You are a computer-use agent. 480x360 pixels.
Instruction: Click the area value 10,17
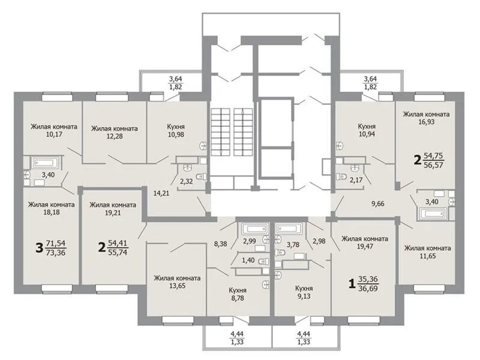click(x=54, y=134)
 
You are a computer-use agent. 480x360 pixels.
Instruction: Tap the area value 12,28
click(x=115, y=136)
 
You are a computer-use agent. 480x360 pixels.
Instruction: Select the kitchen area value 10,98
click(x=176, y=134)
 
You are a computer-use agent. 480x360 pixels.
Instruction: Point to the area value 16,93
click(x=427, y=122)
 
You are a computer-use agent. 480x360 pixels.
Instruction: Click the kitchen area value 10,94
click(x=367, y=134)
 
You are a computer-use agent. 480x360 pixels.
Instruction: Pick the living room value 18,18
click(x=52, y=212)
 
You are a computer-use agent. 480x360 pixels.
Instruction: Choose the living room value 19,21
click(x=113, y=213)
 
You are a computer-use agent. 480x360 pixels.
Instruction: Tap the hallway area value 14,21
click(x=161, y=193)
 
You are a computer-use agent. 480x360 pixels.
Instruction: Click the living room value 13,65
click(x=177, y=286)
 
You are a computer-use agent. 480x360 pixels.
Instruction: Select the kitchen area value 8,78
click(x=238, y=298)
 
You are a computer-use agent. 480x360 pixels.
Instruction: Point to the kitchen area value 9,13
click(x=304, y=296)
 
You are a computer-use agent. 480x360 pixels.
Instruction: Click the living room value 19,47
click(x=365, y=246)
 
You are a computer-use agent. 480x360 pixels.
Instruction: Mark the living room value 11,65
click(x=428, y=256)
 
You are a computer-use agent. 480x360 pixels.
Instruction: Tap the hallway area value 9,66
click(x=378, y=203)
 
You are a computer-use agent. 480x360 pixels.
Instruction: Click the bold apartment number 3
click(x=39, y=248)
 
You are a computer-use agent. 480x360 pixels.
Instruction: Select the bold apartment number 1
click(x=352, y=283)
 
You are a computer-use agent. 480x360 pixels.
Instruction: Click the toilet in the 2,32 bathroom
click(x=201, y=176)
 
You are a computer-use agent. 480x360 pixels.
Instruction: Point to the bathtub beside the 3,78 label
click(x=288, y=229)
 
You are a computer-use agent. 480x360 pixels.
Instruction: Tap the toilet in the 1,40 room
click(x=263, y=262)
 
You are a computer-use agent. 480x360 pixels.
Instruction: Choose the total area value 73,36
click(x=56, y=253)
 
